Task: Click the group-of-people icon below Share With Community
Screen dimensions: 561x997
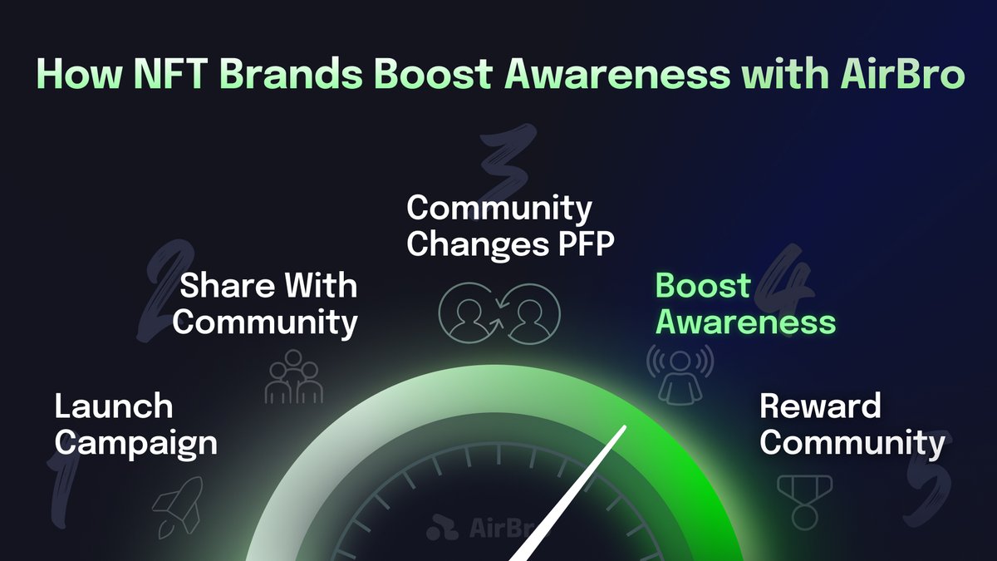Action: [293, 376]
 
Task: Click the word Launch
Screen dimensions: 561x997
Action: [113, 407]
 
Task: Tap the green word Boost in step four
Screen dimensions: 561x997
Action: [703, 286]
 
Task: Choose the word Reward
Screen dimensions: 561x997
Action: [820, 406]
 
